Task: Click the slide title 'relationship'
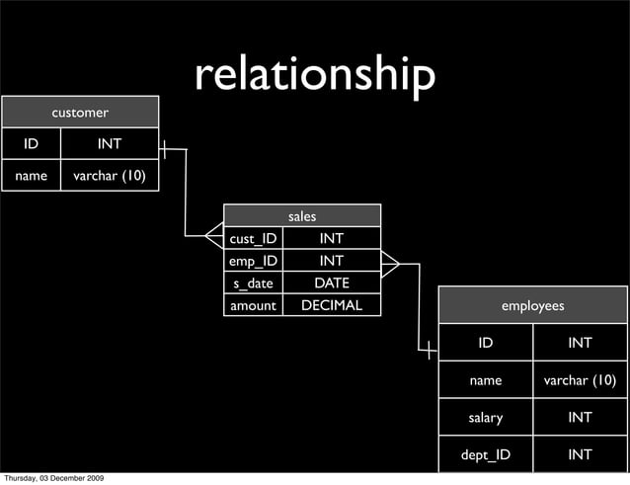(x=314, y=75)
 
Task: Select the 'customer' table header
(x=80, y=113)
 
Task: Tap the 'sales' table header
(x=302, y=215)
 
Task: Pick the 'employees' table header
(x=532, y=306)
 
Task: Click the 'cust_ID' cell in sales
(x=253, y=238)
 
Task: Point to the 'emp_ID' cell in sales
(x=253, y=261)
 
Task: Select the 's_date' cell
(x=253, y=283)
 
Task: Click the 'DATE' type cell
(x=331, y=283)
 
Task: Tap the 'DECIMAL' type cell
(x=331, y=305)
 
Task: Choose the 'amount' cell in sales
(x=253, y=305)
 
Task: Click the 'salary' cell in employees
(x=485, y=417)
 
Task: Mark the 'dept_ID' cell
(x=485, y=454)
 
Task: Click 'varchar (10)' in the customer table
(x=110, y=176)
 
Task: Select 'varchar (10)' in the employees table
(x=580, y=380)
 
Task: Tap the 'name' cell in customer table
(x=31, y=176)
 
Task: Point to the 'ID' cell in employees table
(x=485, y=343)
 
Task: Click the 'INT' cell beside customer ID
(x=110, y=144)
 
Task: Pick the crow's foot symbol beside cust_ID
(x=214, y=236)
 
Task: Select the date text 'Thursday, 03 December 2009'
(x=54, y=478)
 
